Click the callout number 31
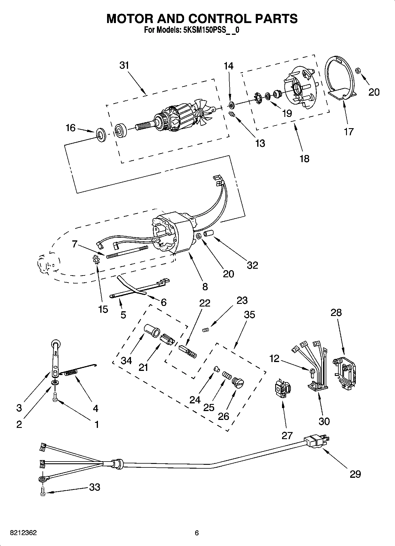point(124,65)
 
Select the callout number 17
point(348,131)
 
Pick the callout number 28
point(336,312)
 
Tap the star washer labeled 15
point(96,260)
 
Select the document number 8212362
point(23,533)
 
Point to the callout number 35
point(249,314)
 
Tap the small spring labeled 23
point(206,330)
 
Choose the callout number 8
point(205,286)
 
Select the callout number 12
point(274,358)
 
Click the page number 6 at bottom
point(197,533)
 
